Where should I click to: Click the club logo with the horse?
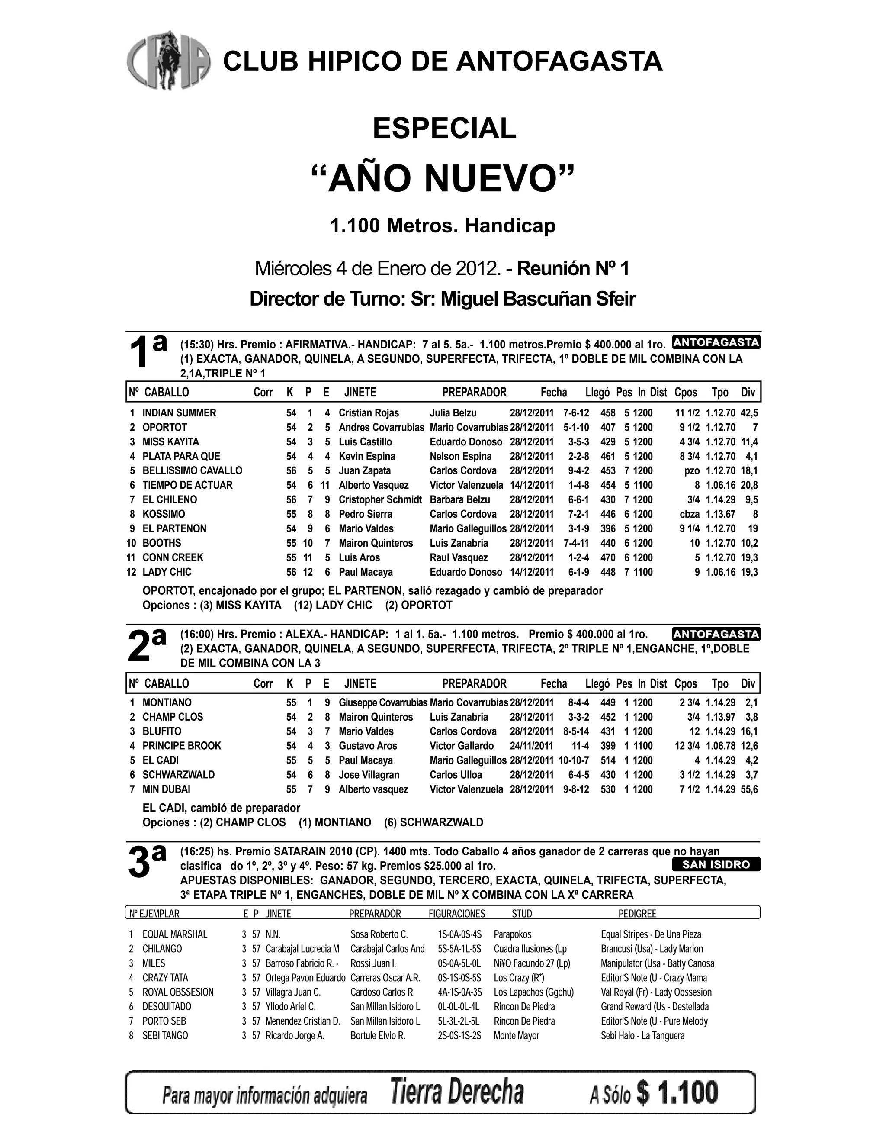(x=168, y=61)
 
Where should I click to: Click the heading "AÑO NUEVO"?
(x=443, y=179)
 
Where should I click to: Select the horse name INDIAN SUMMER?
(x=179, y=413)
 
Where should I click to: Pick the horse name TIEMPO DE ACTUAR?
(x=187, y=485)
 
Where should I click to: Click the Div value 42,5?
(x=749, y=413)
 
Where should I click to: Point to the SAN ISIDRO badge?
(x=716, y=865)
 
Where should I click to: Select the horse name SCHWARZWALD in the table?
(x=179, y=775)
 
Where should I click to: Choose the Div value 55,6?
(x=749, y=789)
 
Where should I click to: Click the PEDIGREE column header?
(x=637, y=914)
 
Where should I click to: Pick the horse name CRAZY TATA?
(x=165, y=978)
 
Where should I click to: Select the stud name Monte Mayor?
(x=516, y=1036)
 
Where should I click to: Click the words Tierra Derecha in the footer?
(x=457, y=1093)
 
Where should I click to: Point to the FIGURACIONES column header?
(x=457, y=914)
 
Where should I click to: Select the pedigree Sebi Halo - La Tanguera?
(x=642, y=1036)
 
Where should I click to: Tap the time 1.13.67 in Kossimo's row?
(x=720, y=514)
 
